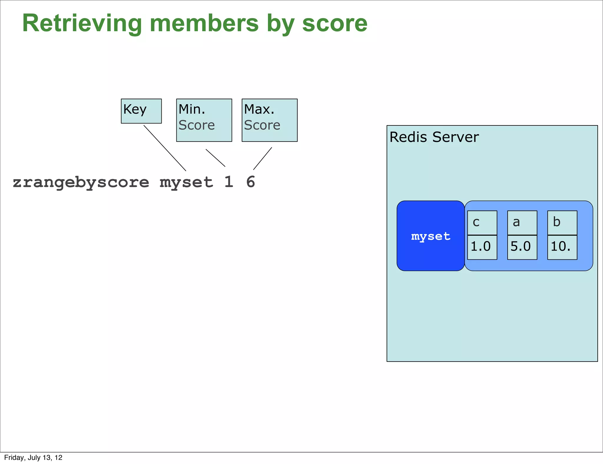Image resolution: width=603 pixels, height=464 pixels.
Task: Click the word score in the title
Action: pyautogui.click(x=335, y=24)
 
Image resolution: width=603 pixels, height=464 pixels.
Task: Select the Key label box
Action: pyautogui.click(x=141, y=111)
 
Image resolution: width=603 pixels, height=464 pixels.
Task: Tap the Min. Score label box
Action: pyautogui.click(x=204, y=120)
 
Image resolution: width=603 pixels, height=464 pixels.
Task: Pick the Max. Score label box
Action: pyautogui.click(x=269, y=120)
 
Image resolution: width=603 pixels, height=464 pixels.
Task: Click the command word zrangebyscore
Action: pyautogui.click(x=81, y=182)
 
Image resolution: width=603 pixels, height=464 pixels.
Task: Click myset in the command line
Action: pyautogui.click(x=186, y=182)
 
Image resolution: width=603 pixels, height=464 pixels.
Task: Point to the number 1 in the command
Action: pyautogui.click(x=229, y=182)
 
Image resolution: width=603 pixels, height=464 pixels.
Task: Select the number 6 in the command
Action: pyautogui.click(x=251, y=182)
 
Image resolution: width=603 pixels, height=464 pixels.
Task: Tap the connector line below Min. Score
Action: pyautogui.click(x=216, y=158)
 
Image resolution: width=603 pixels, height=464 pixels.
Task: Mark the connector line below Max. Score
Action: pyautogui.click(x=263, y=158)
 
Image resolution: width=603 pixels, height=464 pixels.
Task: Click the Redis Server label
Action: pyautogui.click(x=434, y=137)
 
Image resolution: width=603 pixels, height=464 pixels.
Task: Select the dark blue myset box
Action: pyautogui.click(x=430, y=236)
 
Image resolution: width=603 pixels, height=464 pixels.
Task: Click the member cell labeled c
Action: pyautogui.click(x=482, y=223)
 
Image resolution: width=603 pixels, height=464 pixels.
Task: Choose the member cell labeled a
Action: pyautogui.click(x=522, y=223)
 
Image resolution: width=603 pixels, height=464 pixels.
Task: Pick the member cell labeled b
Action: pyautogui.click(x=562, y=223)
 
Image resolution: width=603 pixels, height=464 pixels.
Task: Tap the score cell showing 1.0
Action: pyautogui.click(x=482, y=247)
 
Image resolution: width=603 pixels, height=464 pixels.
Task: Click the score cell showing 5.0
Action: pyautogui.click(x=522, y=247)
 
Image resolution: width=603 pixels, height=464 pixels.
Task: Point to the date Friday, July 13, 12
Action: pyautogui.click(x=33, y=458)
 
